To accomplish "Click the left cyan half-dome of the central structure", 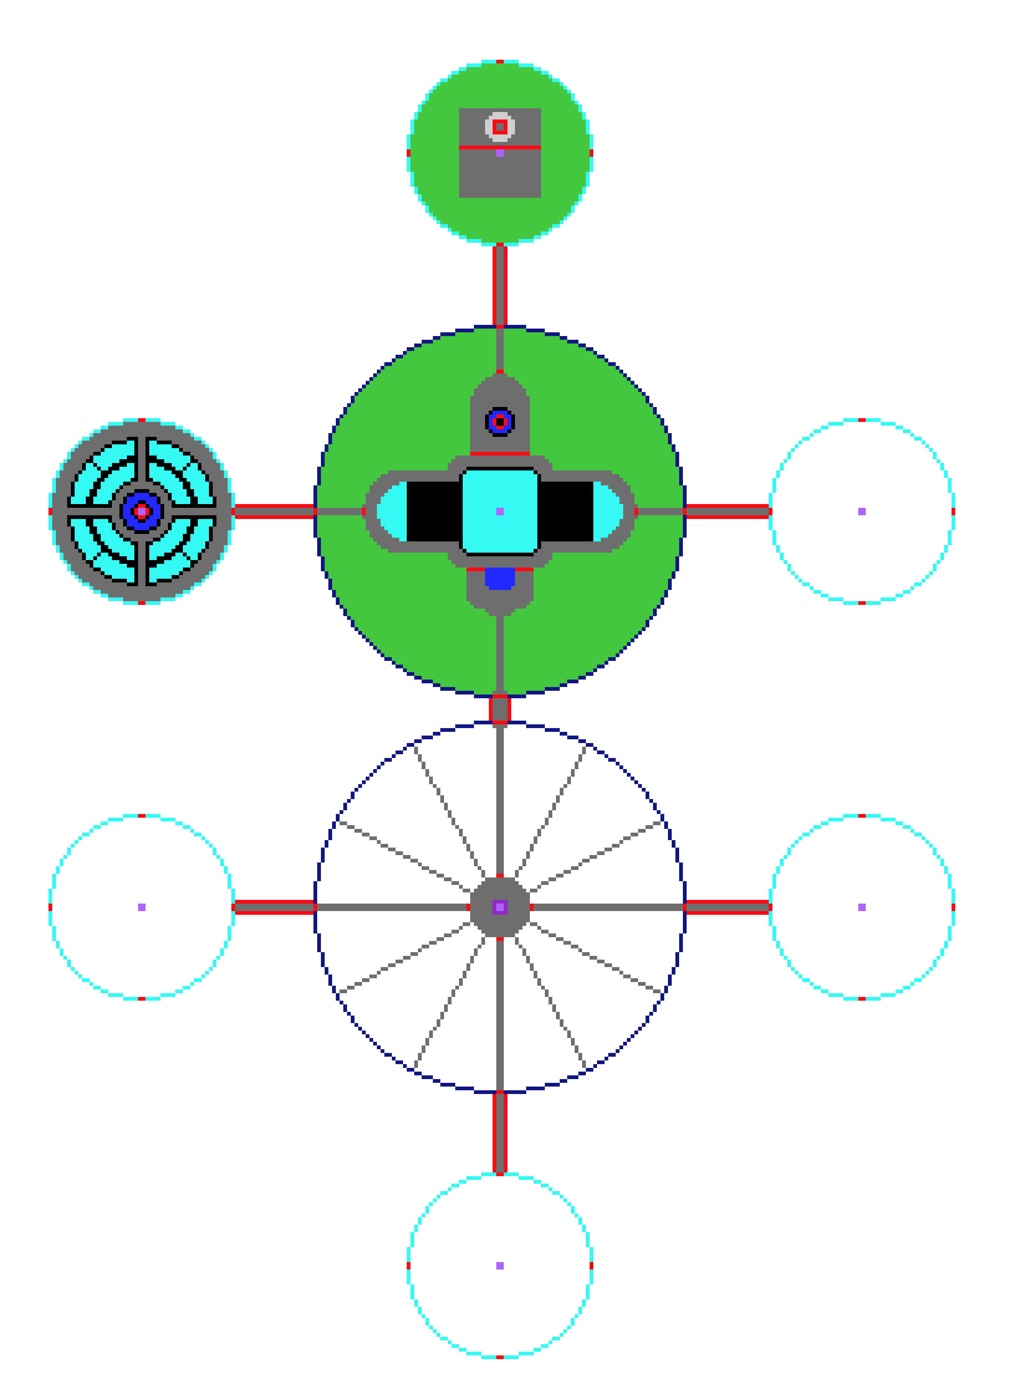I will click(x=393, y=511).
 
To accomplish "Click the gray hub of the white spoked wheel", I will click(x=485, y=907).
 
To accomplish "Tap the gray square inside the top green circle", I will click(x=500, y=175).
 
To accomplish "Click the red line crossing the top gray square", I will click(x=479, y=147).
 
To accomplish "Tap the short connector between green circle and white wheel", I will click(x=500, y=709).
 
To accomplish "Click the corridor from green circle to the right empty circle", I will click(x=727, y=511).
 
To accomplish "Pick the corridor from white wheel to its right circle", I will click(x=727, y=907).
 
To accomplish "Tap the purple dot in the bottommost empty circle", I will click(x=500, y=1265).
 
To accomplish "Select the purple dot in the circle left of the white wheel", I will click(x=142, y=907).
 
